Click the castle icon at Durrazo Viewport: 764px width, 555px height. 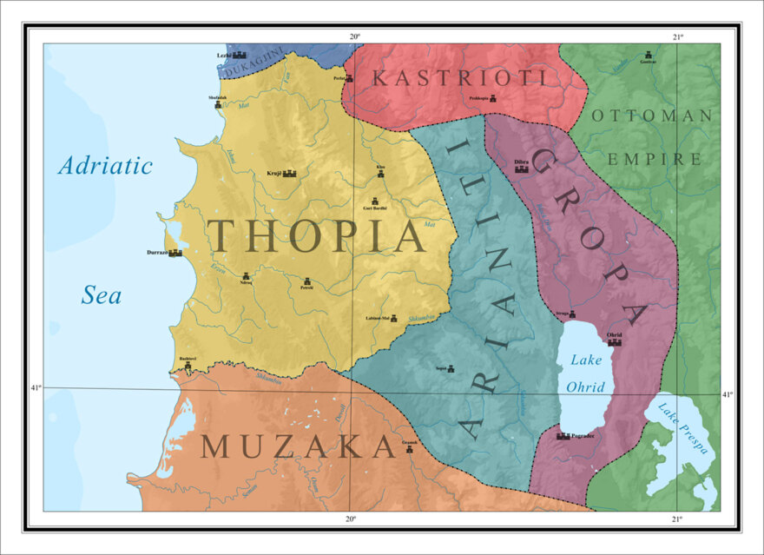click(175, 253)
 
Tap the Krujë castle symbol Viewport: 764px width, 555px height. click(289, 174)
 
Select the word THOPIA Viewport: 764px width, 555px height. click(316, 235)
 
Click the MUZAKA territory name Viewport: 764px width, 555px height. click(298, 446)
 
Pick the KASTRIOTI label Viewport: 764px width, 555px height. click(459, 78)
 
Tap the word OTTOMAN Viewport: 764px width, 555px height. click(650, 116)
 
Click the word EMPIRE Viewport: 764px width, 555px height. click(655, 159)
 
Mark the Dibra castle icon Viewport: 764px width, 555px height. click(522, 168)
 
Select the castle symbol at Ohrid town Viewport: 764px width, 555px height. click(615, 342)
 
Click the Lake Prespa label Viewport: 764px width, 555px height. click(683, 430)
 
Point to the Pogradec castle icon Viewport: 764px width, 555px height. click(563, 436)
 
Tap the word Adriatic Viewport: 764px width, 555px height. click(105, 166)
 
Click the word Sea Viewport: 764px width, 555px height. click(102, 295)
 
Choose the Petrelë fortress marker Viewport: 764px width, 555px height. click(307, 281)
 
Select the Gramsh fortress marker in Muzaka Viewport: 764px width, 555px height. click(410, 449)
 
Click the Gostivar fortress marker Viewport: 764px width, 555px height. click(649, 55)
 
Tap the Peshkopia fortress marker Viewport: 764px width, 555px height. click(493, 99)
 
